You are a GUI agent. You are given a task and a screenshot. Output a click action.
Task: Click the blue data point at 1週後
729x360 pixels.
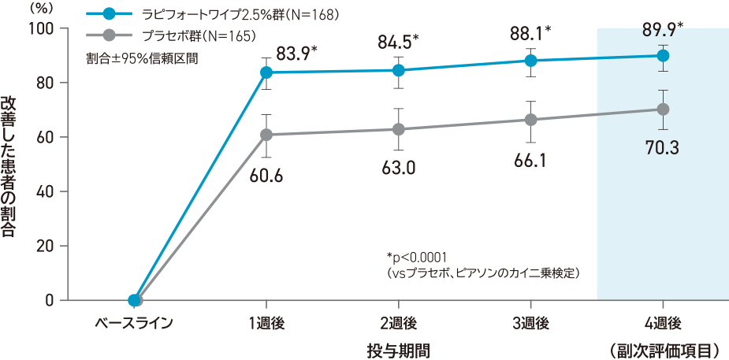(x=266, y=72)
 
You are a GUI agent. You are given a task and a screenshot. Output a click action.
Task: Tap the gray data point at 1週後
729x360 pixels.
(x=266, y=135)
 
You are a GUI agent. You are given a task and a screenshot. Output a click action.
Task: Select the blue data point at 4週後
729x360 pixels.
(x=663, y=56)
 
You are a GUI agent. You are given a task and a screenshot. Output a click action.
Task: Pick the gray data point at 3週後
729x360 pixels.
(x=530, y=120)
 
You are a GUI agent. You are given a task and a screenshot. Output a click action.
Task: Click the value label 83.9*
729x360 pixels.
(x=296, y=54)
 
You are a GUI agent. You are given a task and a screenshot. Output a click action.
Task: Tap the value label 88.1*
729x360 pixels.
(x=531, y=33)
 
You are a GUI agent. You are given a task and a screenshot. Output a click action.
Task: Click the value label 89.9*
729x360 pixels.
(x=663, y=30)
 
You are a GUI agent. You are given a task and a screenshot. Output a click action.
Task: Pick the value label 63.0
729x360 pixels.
(x=399, y=168)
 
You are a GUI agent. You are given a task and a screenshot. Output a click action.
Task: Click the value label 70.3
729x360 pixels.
(x=663, y=147)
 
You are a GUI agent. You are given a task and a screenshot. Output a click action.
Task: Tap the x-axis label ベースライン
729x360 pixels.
(x=133, y=323)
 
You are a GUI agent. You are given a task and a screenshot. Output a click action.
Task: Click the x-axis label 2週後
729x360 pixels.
(x=399, y=323)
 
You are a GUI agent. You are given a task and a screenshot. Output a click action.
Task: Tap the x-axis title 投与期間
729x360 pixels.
(x=399, y=347)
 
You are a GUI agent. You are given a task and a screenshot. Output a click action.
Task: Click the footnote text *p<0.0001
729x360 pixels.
(x=417, y=257)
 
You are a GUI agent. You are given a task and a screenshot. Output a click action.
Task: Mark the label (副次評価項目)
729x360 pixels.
(x=663, y=347)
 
